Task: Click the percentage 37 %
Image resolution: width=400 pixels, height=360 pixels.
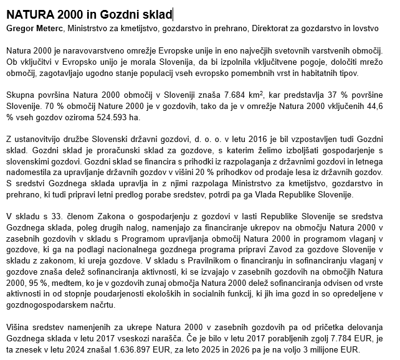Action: coord(333,94)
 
